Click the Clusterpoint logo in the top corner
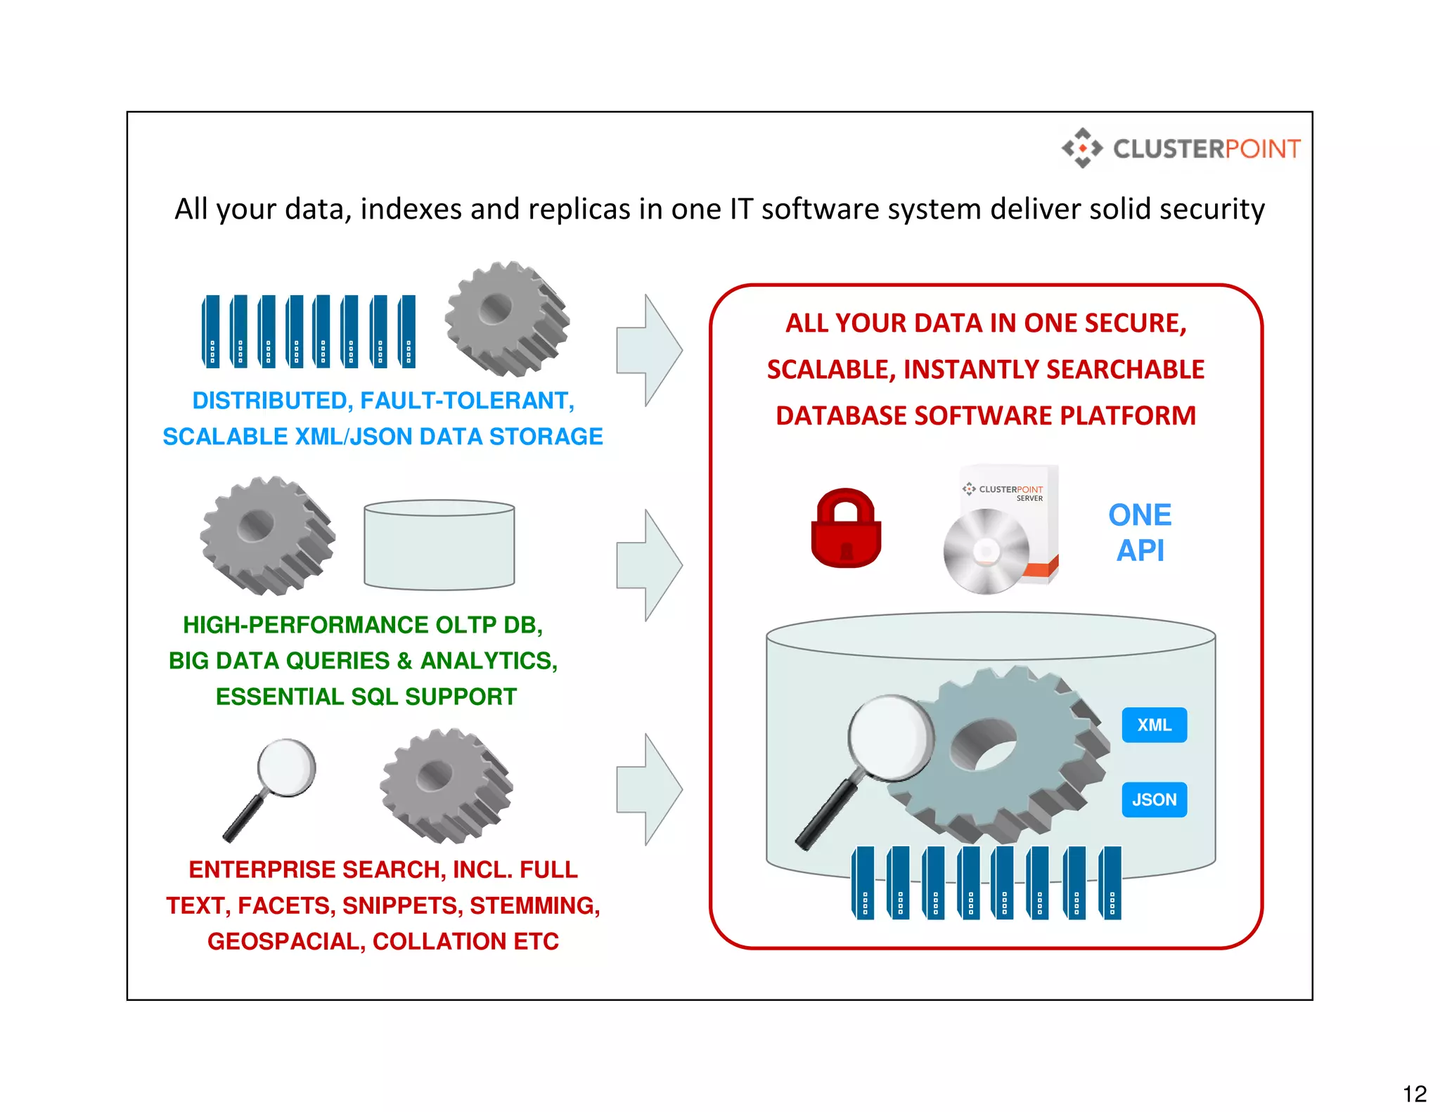(x=1181, y=148)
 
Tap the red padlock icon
(x=846, y=529)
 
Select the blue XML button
(x=1154, y=725)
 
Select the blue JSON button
(x=1154, y=799)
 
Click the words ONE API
(x=1140, y=533)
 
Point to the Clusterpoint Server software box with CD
(x=1002, y=529)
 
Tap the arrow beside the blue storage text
(x=649, y=350)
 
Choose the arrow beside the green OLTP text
(x=649, y=565)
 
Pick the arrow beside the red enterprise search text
(x=649, y=789)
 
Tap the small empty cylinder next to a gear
(x=439, y=545)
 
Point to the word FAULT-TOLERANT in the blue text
(x=467, y=401)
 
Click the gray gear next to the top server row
(x=506, y=318)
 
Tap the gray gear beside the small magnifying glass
(x=446, y=785)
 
